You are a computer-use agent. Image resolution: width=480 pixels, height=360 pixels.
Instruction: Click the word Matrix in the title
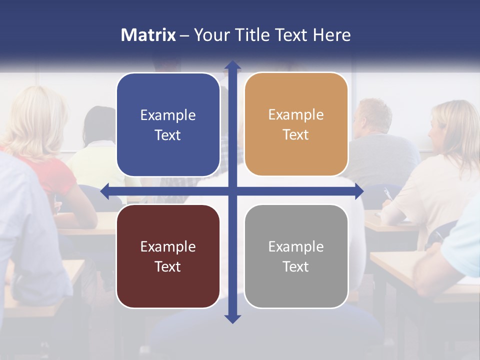[148, 35]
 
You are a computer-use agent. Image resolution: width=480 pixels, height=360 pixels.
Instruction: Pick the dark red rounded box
[168, 285]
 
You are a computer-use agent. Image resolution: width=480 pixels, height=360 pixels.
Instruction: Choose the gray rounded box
[296, 285]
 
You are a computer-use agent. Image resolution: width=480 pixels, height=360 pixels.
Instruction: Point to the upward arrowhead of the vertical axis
[232, 65]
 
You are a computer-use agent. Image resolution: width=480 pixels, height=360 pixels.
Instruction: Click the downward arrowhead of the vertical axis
[232, 318]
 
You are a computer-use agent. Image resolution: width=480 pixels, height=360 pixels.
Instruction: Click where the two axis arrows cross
[232, 191]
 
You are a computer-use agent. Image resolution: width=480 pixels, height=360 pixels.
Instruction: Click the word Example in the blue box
[168, 115]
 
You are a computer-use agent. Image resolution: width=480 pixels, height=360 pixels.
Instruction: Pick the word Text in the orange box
[296, 135]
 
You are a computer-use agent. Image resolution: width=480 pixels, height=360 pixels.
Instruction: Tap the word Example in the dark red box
[168, 246]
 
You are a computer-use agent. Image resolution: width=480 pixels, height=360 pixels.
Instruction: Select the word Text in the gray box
[296, 266]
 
